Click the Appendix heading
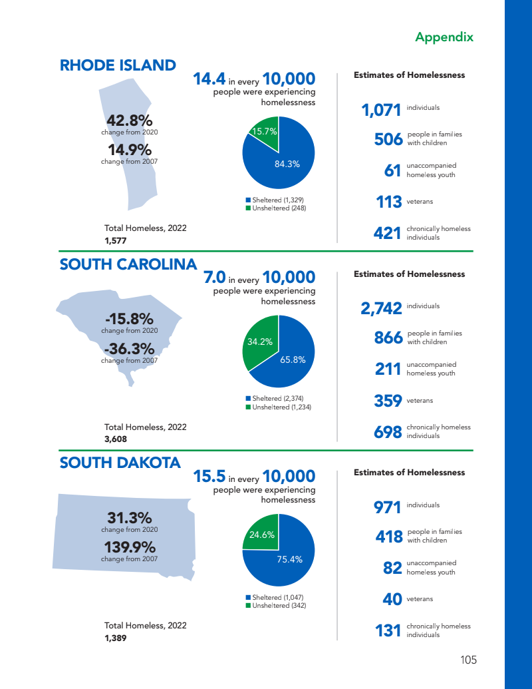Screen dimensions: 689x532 444,37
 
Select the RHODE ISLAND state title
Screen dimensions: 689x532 118,65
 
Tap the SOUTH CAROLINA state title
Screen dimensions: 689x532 128,264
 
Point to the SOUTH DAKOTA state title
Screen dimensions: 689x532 120,463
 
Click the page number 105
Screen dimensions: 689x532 468,660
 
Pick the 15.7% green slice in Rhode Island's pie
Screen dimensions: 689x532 264,133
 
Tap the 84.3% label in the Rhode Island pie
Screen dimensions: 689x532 287,164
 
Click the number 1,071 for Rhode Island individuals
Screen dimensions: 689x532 381,110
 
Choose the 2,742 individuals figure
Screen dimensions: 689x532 381,308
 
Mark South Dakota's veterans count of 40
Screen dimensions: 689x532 392,599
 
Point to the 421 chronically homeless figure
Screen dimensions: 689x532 388,233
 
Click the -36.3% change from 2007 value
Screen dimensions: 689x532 129,349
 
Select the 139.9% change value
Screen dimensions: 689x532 129,547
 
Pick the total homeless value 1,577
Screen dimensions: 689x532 116,240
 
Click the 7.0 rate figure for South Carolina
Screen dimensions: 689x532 214,276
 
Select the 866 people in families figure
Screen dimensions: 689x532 389,338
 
